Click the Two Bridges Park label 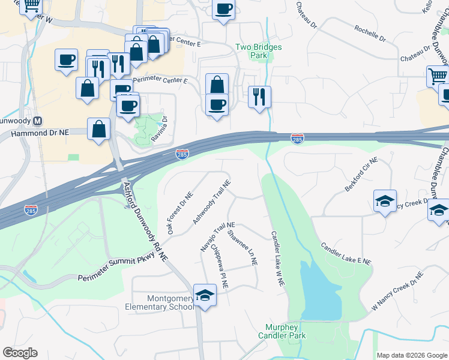259,51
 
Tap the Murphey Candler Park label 286,331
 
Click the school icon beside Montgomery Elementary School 205,296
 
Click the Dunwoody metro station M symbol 38,120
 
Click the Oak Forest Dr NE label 180,213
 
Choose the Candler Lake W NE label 277,259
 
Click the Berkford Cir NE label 361,175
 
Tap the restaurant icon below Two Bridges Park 259,95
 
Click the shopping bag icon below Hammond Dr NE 98,128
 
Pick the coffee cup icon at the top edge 223,10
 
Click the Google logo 20,353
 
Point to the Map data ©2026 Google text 411,355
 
